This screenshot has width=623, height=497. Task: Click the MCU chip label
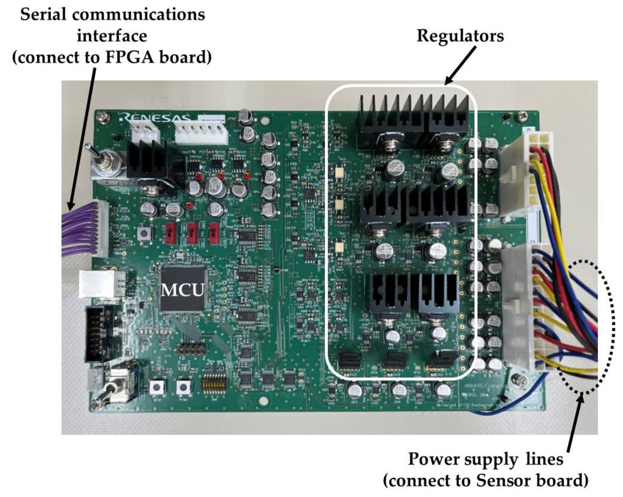183,290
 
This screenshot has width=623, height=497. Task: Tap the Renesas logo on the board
155,118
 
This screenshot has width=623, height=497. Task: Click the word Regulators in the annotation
460,36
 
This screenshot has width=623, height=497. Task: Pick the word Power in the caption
431,459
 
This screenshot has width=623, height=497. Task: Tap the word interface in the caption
112,36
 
